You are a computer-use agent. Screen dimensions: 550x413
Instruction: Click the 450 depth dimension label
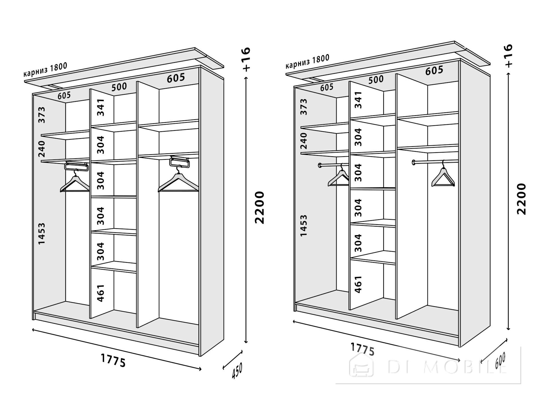pyautogui.click(x=237, y=371)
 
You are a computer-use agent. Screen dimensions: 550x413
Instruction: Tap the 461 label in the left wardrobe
pyautogui.click(x=100, y=293)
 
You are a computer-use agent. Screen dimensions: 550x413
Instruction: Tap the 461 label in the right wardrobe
pyautogui.click(x=358, y=284)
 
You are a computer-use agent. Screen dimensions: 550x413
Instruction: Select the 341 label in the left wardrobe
pyautogui.click(x=100, y=107)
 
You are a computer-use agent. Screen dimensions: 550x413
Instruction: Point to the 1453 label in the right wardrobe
pyautogui.click(x=304, y=225)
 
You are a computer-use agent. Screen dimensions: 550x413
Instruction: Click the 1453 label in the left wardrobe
pyautogui.click(x=42, y=233)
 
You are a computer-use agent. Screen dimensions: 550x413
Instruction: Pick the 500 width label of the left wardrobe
pyautogui.click(x=119, y=86)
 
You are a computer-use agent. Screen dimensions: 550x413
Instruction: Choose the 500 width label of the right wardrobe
pyautogui.click(x=376, y=79)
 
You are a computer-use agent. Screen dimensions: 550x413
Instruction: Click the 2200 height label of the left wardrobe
pyautogui.click(x=259, y=208)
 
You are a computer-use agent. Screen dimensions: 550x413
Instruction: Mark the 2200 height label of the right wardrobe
pyautogui.click(x=522, y=199)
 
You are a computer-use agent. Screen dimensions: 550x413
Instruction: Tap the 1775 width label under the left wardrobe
pyautogui.click(x=113, y=360)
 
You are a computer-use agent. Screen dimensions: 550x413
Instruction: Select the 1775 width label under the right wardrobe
pyautogui.click(x=363, y=349)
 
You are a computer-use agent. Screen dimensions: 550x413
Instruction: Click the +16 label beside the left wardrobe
pyautogui.click(x=246, y=59)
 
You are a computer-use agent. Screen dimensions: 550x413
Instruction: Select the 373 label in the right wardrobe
pyautogui.click(x=304, y=107)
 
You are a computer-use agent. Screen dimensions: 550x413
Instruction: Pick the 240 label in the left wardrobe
pyautogui.click(x=42, y=149)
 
